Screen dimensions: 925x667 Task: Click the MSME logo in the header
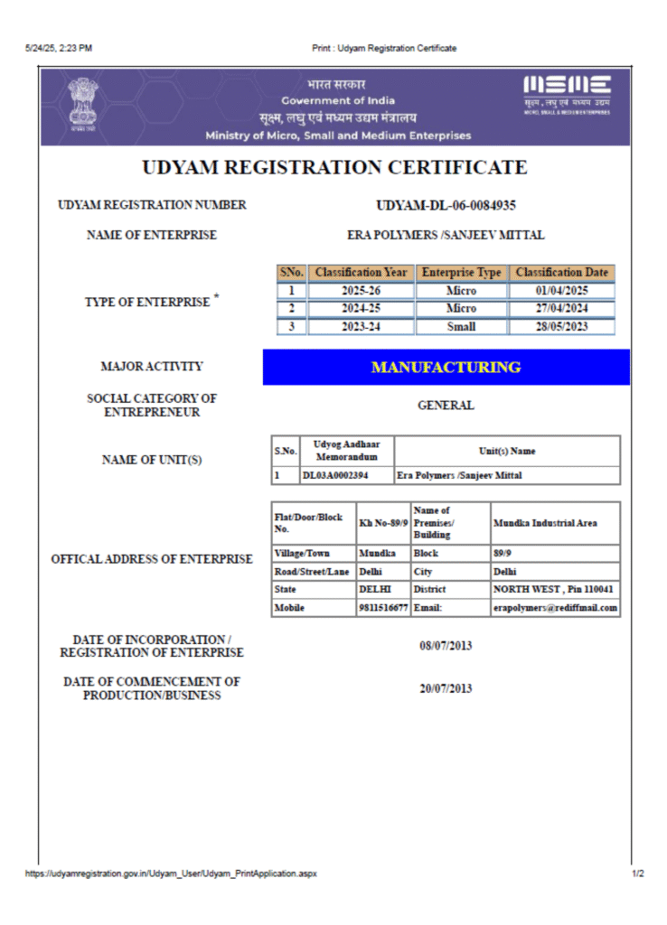tap(568, 95)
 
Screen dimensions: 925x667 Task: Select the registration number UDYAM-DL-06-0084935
tap(446, 206)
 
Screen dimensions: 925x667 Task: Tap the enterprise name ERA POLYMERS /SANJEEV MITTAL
tap(446, 235)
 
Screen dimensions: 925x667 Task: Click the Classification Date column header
tap(561, 272)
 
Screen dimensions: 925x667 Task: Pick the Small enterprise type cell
tap(461, 327)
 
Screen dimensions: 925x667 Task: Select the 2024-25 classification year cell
tap(361, 309)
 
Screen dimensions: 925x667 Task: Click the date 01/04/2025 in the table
tap(561, 291)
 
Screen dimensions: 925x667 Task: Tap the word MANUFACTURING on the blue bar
tap(446, 368)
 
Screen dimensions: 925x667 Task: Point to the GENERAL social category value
tap(446, 406)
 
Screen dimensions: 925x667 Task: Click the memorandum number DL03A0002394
tap(334, 475)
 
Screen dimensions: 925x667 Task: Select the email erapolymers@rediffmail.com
tap(556, 608)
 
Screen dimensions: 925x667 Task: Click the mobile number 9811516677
tap(383, 608)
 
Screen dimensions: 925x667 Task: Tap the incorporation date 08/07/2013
tap(446, 646)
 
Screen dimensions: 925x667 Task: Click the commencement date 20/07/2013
tap(446, 688)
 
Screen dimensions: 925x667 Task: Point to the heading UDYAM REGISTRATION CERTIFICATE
tap(334, 168)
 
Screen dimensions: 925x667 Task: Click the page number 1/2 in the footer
tap(638, 874)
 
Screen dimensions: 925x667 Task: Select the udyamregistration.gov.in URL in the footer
tap(171, 874)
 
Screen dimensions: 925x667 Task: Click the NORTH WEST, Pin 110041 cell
tap(554, 589)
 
